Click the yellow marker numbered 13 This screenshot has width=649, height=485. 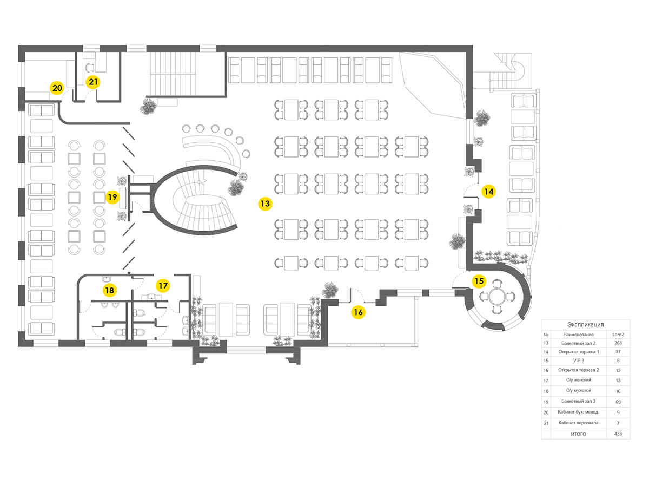tap(265, 204)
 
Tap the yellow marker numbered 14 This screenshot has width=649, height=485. tap(488, 192)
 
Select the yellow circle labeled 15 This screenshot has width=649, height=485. tap(479, 281)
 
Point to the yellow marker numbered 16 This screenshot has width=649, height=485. tap(359, 312)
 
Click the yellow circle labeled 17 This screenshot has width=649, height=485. tap(163, 285)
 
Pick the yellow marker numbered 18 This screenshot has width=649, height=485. tap(110, 290)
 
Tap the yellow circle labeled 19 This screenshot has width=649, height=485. tap(112, 197)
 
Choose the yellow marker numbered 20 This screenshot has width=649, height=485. tap(57, 88)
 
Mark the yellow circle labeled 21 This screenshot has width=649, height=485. tap(93, 82)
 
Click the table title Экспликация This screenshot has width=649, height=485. tap(585, 324)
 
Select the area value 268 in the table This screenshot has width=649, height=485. tap(618, 343)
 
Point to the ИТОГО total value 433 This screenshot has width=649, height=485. tap(618, 434)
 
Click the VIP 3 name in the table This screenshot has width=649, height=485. tap(578, 361)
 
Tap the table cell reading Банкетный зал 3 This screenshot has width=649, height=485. tap(578, 401)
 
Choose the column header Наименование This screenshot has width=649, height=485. tap(578, 335)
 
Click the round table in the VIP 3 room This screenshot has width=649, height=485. tap(498, 297)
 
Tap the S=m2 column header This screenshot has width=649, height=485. tap(618, 335)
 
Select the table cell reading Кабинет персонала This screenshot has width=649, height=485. tap(578, 423)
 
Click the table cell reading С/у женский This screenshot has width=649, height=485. tap(578, 380)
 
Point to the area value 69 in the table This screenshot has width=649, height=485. tap(618, 402)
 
